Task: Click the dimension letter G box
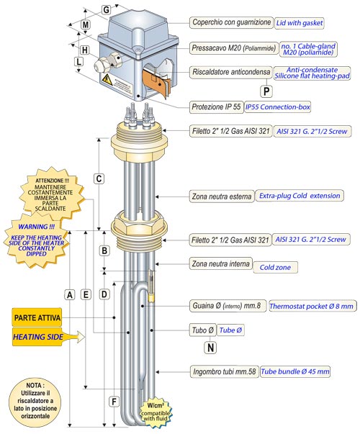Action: (x=107, y=9)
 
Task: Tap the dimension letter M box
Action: (x=86, y=24)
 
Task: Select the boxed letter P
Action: (x=266, y=91)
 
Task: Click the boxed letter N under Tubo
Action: (x=210, y=348)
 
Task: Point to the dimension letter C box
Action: (x=99, y=178)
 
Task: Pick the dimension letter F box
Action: (x=114, y=402)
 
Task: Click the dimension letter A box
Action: (x=70, y=295)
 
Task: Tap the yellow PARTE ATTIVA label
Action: (x=37, y=317)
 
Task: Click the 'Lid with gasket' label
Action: (x=299, y=23)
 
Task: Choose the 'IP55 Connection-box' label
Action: (x=277, y=107)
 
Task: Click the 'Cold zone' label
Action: (x=275, y=267)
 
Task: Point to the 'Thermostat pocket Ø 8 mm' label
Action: (x=312, y=306)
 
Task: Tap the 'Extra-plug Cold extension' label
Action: (x=300, y=196)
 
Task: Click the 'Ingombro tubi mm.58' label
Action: (x=225, y=371)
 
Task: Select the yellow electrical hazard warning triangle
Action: (x=107, y=80)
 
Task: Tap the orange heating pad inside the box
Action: (x=157, y=82)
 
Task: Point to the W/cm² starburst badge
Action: (x=155, y=412)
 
